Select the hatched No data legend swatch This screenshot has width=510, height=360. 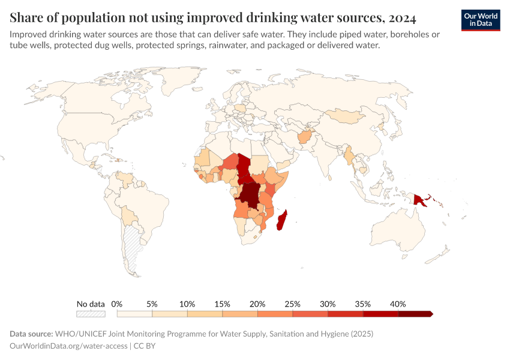(x=91, y=313)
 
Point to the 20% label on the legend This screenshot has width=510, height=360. (x=257, y=304)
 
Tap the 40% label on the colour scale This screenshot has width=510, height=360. (x=398, y=304)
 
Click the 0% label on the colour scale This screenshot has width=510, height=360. (x=117, y=304)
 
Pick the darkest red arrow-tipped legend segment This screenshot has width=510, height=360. (x=415, y=313)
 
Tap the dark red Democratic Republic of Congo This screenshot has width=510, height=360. (x=250, y=195)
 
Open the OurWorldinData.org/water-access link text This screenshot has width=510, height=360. (x=69, y=346)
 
